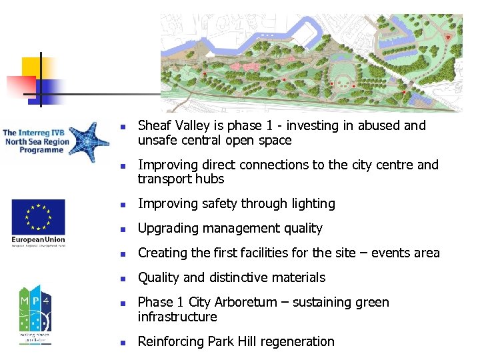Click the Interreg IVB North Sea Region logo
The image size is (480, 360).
coord(55,142)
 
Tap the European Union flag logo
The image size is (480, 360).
coord(38,217)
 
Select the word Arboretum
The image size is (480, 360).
coord(247,303)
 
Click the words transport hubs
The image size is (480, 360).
coord(181,179)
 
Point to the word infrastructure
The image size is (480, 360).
coord(177,317)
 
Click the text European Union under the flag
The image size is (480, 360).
coord(38,239)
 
